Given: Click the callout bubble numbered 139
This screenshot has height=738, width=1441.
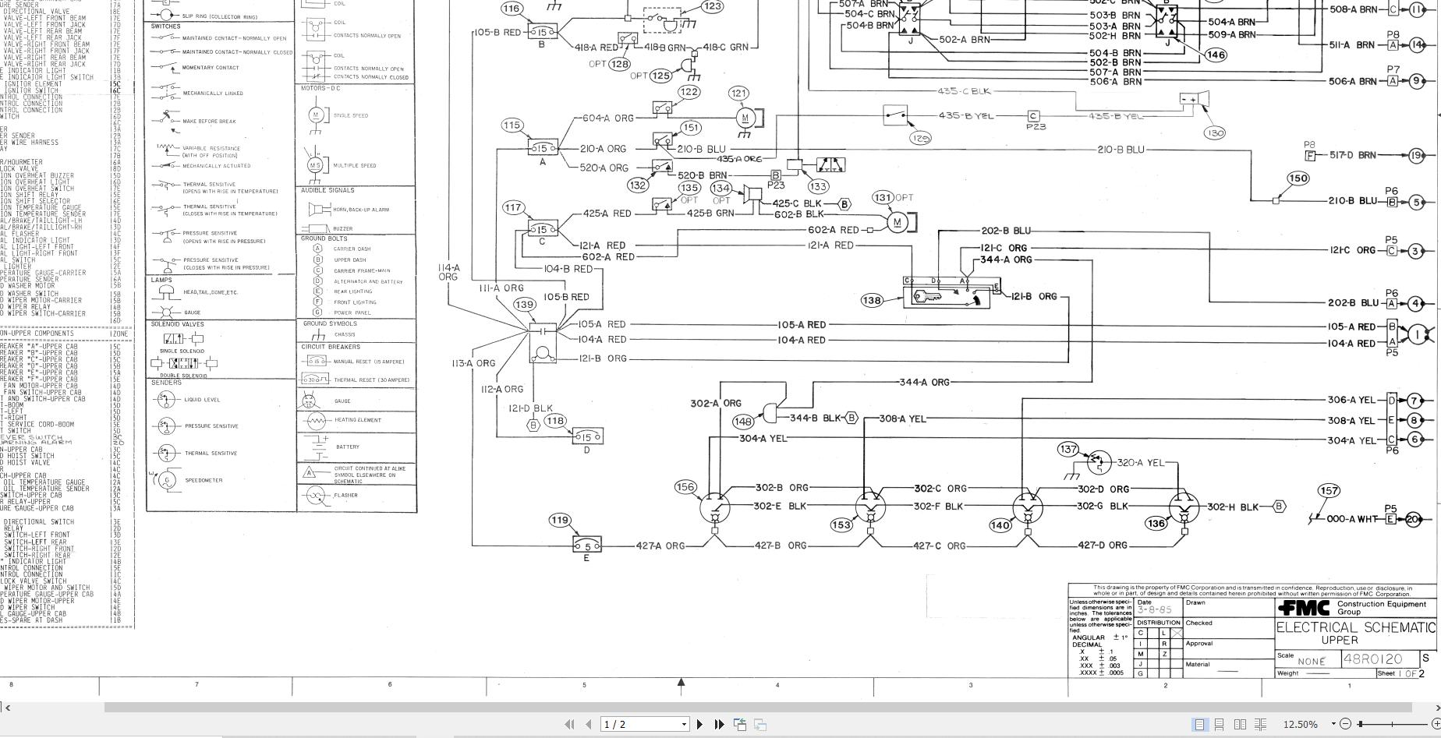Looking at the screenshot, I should coord(525,305).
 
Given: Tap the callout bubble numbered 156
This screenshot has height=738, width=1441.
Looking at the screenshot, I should coord(685,487).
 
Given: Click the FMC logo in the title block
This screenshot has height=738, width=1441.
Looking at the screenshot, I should coord(1305,607).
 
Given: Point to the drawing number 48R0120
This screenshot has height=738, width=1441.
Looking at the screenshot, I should coord(1372,659).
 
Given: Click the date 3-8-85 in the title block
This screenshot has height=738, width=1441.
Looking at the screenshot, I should coord(1154,610).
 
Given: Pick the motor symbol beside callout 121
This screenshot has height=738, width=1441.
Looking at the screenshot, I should coord(745,118).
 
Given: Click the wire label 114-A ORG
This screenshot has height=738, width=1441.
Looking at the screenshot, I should coord(448,272).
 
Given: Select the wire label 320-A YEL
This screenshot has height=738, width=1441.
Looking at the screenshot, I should coord(1140,462).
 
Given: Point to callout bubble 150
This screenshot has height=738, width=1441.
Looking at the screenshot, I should coord(1298,178).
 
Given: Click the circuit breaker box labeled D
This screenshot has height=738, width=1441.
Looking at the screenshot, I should coord(587,437).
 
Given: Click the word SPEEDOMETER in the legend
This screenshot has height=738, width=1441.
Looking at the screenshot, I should coord(204,481).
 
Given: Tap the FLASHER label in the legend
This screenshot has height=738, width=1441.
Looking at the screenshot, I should coord(345,496).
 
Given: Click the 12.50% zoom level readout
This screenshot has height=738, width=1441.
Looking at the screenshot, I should coord(1300,725).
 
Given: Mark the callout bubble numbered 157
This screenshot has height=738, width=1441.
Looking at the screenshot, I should coord(1329,491).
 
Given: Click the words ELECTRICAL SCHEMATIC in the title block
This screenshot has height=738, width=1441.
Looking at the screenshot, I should coord(1355,628).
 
